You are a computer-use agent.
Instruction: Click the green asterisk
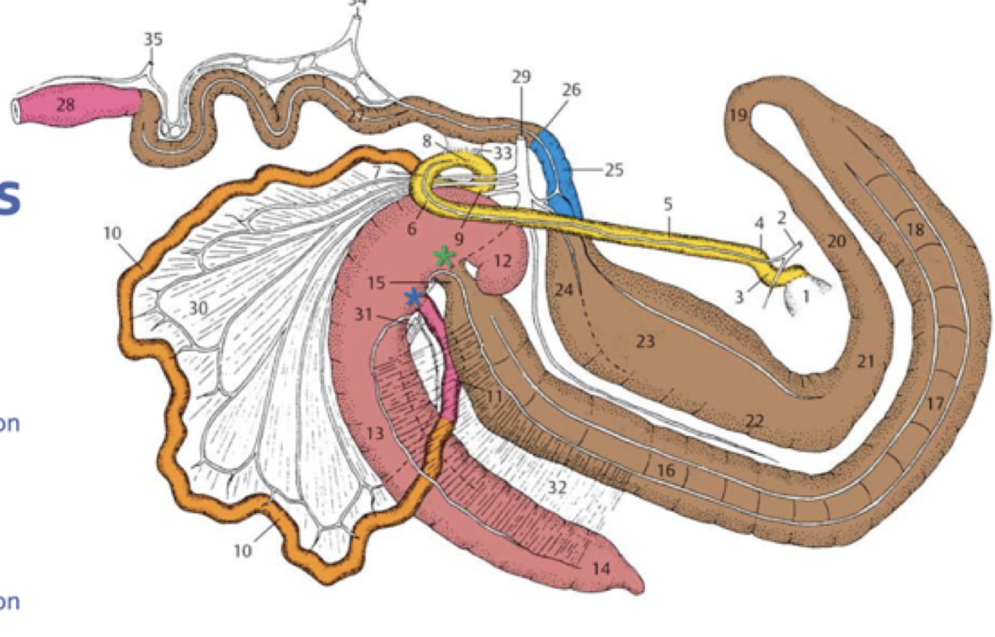444,258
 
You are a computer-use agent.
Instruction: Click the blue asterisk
414,297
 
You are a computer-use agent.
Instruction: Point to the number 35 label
153,39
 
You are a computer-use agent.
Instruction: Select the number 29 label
521,77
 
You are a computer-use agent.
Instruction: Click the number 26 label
571,89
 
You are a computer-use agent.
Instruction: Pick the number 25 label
614,170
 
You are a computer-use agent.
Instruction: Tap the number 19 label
737,115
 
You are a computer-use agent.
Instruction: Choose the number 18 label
915,230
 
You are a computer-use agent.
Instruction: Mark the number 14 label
600,569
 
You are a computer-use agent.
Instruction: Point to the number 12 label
502,261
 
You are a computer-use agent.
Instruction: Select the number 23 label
645,341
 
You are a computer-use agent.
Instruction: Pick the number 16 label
666,469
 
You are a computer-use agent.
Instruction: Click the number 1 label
805,297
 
